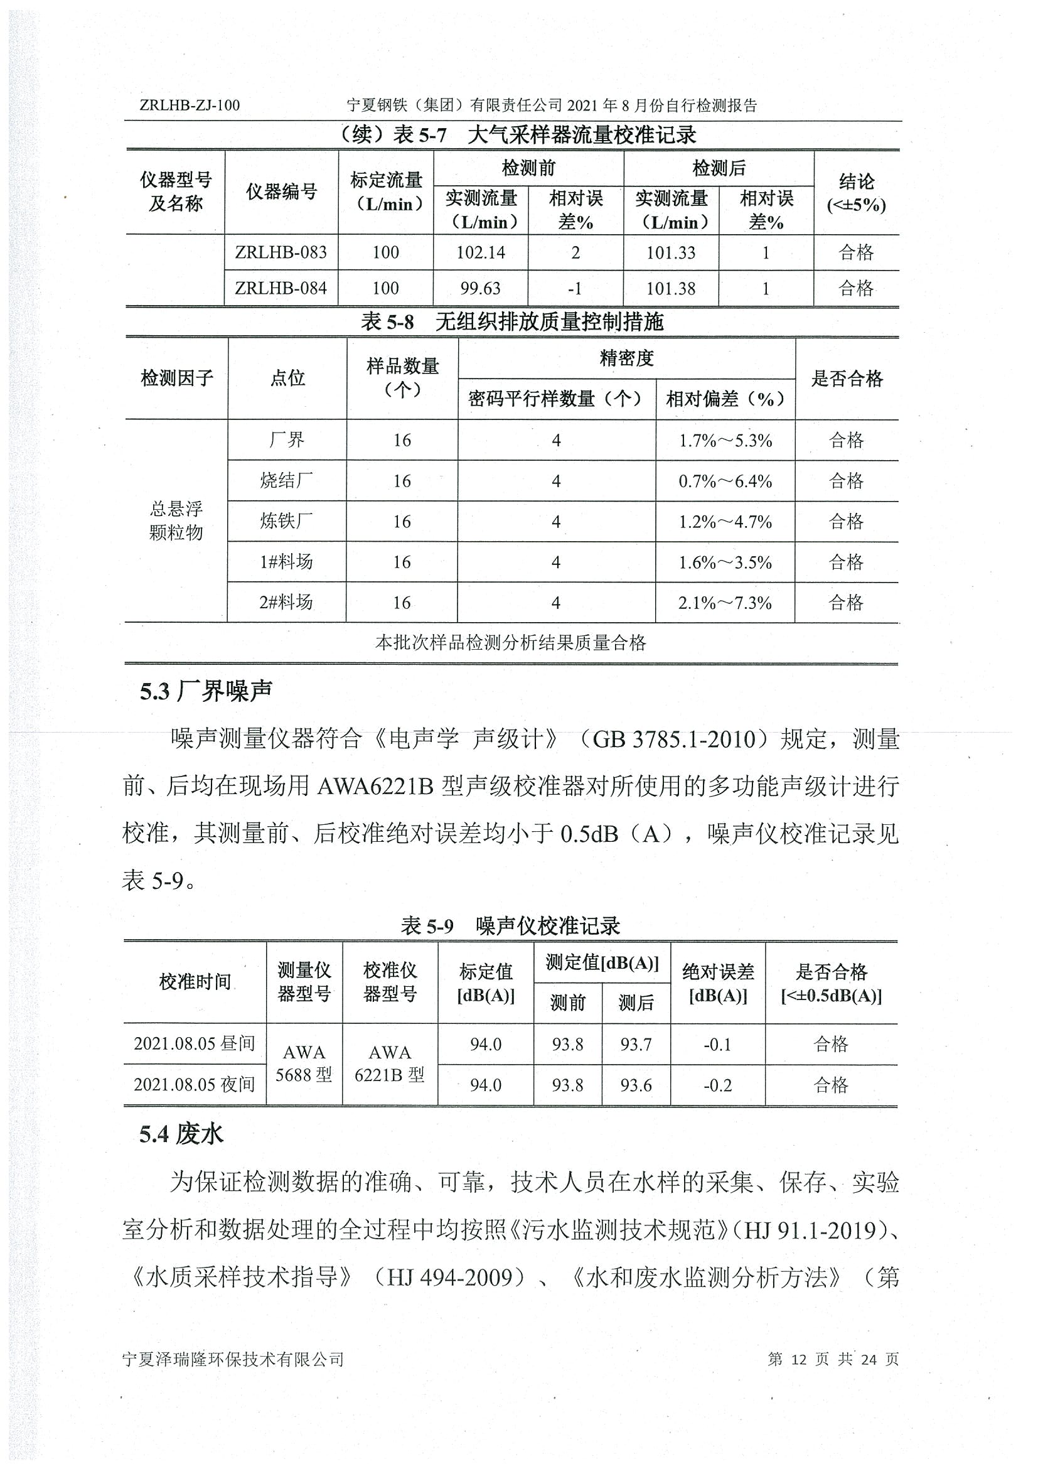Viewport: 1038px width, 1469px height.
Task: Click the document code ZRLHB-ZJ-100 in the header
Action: (x=190, y=105)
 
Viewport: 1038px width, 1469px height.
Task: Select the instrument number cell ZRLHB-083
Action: (x=281, y=253)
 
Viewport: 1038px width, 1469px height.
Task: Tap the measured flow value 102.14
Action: (x=480, y=253)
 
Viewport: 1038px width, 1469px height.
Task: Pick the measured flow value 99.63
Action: (x=480, y=289)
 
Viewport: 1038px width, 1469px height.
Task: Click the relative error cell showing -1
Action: (x=575, y=289)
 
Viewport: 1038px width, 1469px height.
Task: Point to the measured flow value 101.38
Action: (x=670, y=289)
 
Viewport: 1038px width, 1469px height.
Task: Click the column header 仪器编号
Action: (x=281, y=191)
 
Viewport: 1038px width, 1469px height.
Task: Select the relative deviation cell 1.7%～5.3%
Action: (x=725, y=440)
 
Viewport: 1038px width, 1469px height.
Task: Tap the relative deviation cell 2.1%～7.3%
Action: (x=725, y=603)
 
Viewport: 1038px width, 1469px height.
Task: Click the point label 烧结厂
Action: (x=287, y=480)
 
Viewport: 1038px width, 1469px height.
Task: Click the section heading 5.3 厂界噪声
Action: (x=206, y=691)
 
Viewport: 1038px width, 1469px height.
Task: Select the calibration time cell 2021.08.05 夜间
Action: (x=195, y=1084)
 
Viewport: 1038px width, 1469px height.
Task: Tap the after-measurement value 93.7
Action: (x=636, y=1044)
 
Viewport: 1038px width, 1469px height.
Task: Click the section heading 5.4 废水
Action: (x=181, y=1134)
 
